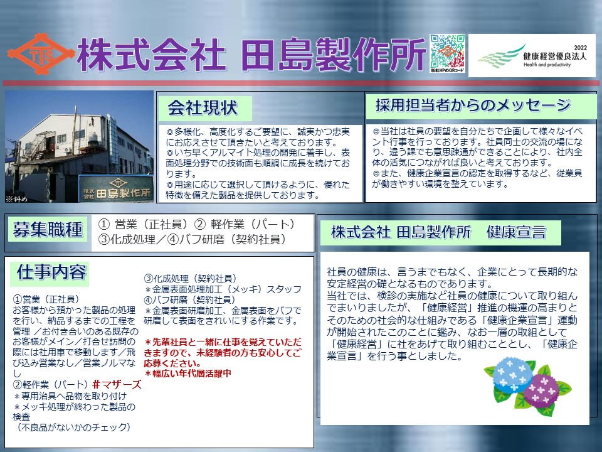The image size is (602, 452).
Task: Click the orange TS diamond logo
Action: (41, 54)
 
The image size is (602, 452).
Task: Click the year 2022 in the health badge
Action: (581, 48)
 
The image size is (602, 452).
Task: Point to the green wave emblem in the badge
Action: (501, 57)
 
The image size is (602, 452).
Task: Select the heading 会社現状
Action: (203, 108)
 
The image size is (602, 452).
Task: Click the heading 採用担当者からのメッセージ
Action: (473, 105)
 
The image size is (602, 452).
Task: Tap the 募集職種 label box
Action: (48, 230)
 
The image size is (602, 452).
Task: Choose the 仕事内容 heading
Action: (51, 272)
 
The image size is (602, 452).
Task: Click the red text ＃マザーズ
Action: (117, 385)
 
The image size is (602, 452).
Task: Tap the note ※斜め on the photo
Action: (16, 199)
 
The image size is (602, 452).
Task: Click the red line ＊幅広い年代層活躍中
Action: (187, 374)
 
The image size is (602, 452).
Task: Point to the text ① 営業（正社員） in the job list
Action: (143, 225)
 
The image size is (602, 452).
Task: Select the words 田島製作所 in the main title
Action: (334, 55)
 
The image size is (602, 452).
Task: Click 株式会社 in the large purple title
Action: (151, 55)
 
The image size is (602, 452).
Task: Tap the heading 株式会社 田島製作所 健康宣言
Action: (438, 232)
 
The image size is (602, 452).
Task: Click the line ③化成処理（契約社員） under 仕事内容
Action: (191, 279)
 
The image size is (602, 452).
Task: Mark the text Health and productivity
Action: (547, 65)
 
